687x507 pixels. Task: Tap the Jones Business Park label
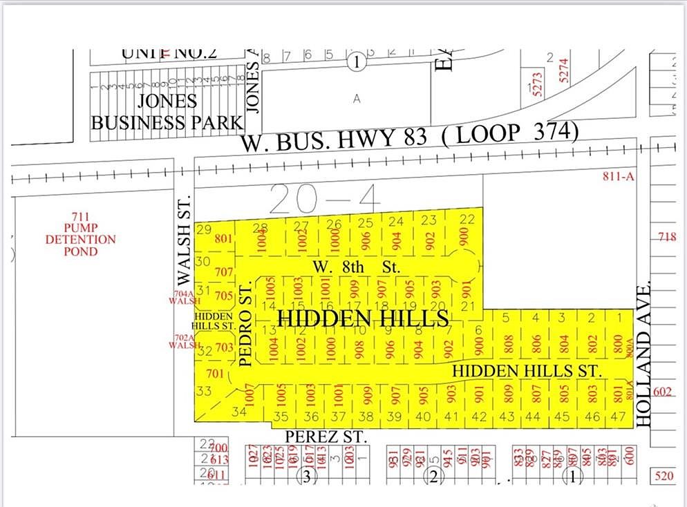pos(167,112)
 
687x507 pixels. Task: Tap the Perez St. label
pos(324,437)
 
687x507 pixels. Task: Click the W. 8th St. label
pos(356,266)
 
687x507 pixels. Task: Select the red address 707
pos(224,272)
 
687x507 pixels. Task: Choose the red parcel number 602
pos(662,391)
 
